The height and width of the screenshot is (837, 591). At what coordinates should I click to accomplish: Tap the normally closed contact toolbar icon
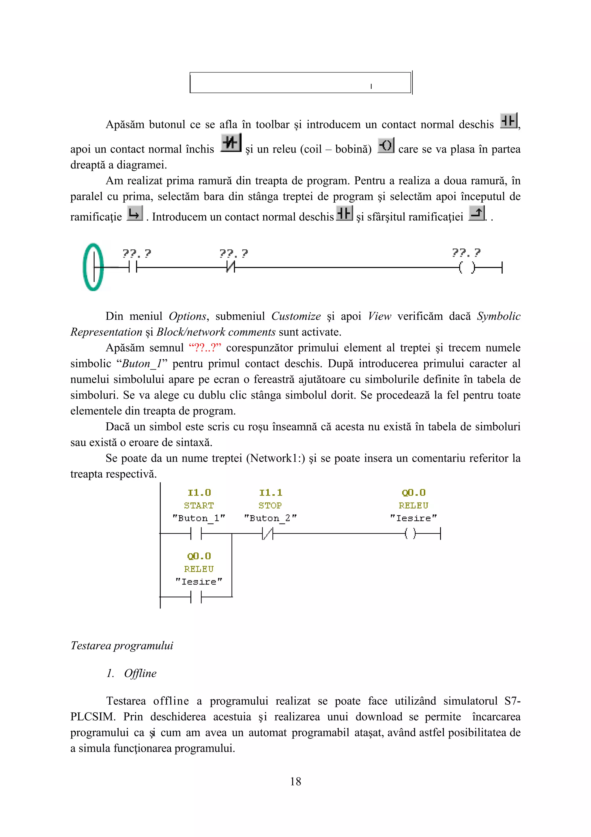[x=231, y=143]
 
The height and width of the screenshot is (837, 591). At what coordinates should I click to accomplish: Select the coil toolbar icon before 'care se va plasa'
[x=386, y=145]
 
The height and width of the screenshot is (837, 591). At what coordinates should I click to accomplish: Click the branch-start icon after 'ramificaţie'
[x=134, y=213]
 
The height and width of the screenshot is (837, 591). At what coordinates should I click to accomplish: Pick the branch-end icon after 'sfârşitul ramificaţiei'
[x=476, y=213]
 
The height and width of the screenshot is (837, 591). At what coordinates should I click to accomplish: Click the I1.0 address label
[x=199, y=493]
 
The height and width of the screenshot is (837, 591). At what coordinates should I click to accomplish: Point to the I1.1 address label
[x=271, y=493]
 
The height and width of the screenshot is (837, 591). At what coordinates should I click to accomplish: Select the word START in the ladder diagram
[x=199, y=505]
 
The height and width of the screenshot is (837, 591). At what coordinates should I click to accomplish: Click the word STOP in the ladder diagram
[x=270, y=505]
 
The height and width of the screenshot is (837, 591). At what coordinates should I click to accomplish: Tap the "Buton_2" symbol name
[x=270, y=518]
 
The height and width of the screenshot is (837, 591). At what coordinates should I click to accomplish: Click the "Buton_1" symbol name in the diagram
[x=199, y=518]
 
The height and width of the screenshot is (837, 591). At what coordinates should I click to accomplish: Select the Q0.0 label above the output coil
[x=413, y=493]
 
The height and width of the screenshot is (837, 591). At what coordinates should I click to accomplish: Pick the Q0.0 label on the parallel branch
[x=199, y=556]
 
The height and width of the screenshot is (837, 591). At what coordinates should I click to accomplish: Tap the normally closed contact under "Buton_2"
[x=267, y=534]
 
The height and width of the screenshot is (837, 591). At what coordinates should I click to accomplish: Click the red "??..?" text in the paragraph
[x=205, y=347]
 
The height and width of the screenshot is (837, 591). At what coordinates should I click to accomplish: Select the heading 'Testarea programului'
[x=121, y=645]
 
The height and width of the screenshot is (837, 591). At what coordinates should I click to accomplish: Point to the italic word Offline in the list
[x=140, y=673]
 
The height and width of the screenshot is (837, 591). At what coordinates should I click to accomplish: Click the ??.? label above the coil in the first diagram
[x=466, y=252]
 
